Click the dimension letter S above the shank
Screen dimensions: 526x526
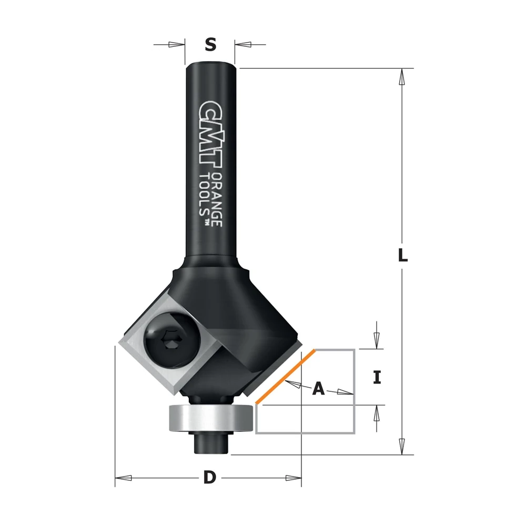tap(210, 44)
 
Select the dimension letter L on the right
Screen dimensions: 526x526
tap(402, 255)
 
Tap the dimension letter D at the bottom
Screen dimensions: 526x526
tap(210, 478)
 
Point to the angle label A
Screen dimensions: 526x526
tap(318, 389)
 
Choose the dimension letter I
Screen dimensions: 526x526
tap(377, 377)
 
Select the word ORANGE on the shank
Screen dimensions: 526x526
tap(217, 200)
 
